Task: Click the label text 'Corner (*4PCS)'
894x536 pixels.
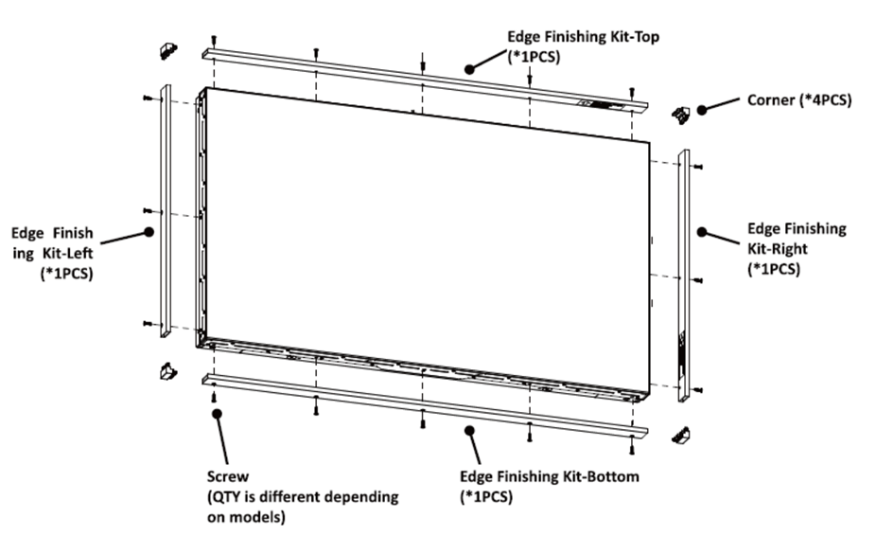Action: pyautogui.click(x=799, y=100)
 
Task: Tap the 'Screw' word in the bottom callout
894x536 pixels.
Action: pyautogui.click(x=228, y=476)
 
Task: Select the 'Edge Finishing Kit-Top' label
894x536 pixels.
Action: pyautogui.click(x=584, y=37)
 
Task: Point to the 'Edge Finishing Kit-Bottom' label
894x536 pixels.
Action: pyautogui.click(x=550, y=476)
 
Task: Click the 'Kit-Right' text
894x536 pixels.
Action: pyautogui.click(x=778, y=249)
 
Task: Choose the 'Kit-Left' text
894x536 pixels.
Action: pyautogui.click(x=67, y=253)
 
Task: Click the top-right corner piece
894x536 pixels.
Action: pyautogui.click(x=681, y=115)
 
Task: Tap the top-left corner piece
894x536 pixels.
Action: pyautogui.click(x=168, y=51)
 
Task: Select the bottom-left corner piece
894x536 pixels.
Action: pyautogui.click(x=168, y=371)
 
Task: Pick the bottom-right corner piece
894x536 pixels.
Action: pyautogui.click(x=681, y=436)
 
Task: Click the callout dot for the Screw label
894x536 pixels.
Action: pyautogui.click(x=217, y=413)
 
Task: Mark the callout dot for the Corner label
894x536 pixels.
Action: pyautogui.click(x=702, y=110)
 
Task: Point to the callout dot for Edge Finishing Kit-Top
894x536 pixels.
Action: pyautogui.click(x=469, y=69)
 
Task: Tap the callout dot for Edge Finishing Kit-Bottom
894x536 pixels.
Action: pyautogui.click(x=469, y=430)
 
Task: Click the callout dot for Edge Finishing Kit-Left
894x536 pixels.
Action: pyautogui.click(x=149, y=232)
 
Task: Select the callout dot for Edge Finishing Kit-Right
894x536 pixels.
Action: pyautogui.click(x=702, y=232)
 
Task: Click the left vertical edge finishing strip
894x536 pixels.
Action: pyautogui.click(x=166, y=211)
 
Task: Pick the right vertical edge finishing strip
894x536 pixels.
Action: pyautogui.click(x=684, y=276)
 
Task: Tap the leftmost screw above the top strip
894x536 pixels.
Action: pyautogui.click(x=214, y=40)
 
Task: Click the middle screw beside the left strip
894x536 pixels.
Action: pyautogui.click(x=148, y=211)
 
